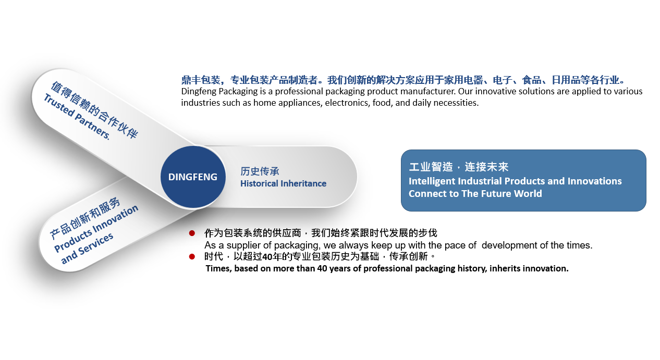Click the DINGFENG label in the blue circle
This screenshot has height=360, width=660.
[193, 177]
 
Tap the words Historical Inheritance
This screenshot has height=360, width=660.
[283, 183]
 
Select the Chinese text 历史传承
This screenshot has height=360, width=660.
[260, 171]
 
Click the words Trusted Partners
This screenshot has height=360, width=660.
[77, 117]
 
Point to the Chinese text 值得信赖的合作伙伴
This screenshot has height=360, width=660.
[94, 109]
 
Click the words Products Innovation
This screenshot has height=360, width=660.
[96, 228]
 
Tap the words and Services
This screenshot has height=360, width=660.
[87, 248]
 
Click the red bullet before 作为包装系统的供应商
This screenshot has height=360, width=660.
[192, 233]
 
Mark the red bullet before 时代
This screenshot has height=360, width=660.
[192, 257]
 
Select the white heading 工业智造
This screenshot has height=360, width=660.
[431, 167]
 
